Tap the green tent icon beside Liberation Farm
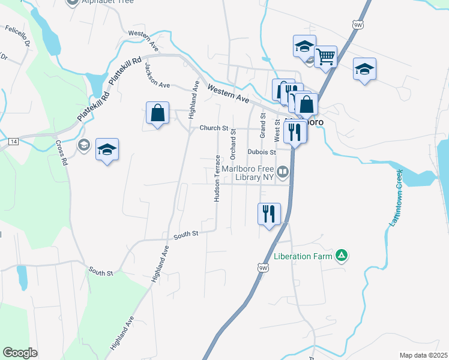click(342, 256)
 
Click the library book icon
click(283, 172)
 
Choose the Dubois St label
click(261, 152)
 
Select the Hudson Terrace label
click(217, 179)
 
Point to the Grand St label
click(262, 125)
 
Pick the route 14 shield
click(14, 141)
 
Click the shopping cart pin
click(325, 58)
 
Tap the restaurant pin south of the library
click(268, 214)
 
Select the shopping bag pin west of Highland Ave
click(157, 113)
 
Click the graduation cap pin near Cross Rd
click(107, 150)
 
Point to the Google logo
click(20, 353)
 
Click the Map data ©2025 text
click(423, 355)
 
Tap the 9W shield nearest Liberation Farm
click(262, 268)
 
